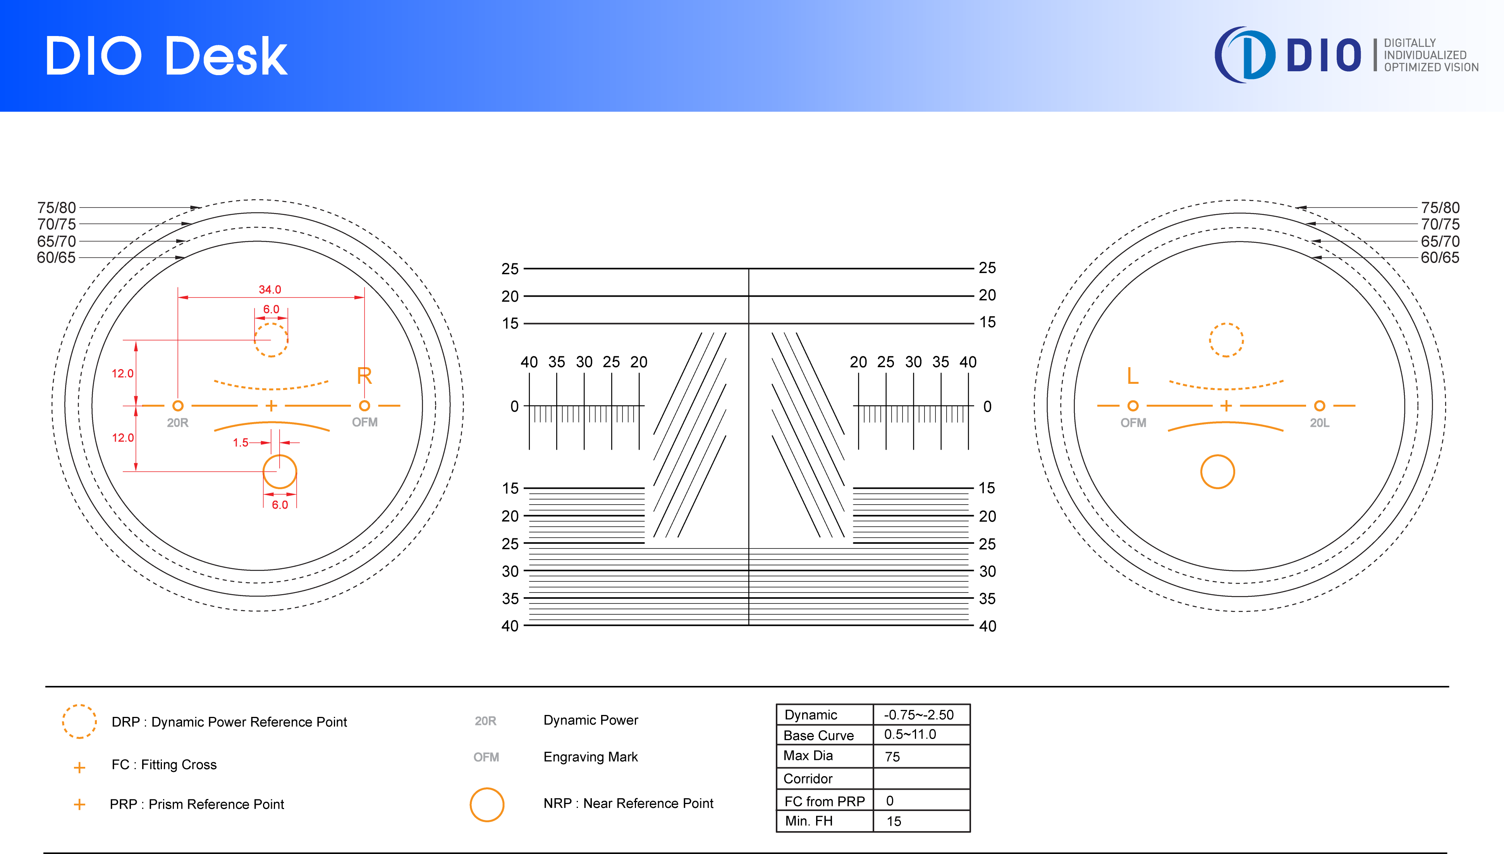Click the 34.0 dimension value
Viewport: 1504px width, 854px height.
point(270,289)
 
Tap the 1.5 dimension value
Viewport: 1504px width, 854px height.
point(241,443)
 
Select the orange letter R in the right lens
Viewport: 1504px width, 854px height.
point(364,375)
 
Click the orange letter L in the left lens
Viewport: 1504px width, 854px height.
point(1133,375)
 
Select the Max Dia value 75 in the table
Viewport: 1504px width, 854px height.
point(892,757)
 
